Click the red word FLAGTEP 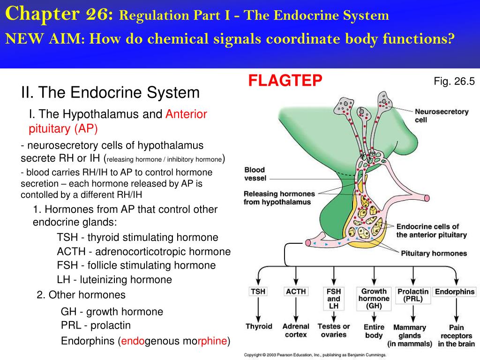click(x=285, y=81)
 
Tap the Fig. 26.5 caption click(x=454, y=82)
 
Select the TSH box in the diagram click(x=258, y=292)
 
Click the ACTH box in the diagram click(x=296, y=292)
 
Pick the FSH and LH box click(x=334, y=299)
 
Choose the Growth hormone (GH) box click(x=374, y=299)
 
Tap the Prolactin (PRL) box click(x=413, y=295)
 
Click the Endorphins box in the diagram click(x=455, y=292)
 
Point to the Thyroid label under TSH click(x=259, y=326)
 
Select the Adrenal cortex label click(x=296, y=330)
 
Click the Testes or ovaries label click(x=334, y=330)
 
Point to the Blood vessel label click(x=255, y=174)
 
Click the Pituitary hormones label click(x=434, y=254)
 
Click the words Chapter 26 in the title click(x=59, y=15)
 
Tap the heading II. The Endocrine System click(x=110, y=92)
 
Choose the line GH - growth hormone click(x=112, y=312)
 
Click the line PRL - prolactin click(x=96, y=325)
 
